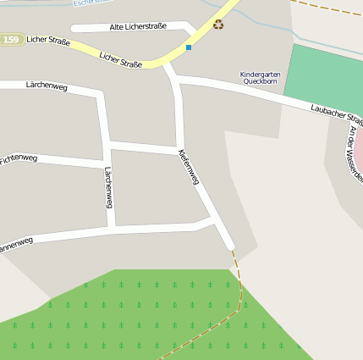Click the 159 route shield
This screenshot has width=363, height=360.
[10, 40]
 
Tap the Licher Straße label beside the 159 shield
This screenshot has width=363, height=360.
[48, 41]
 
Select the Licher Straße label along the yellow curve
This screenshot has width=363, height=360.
[120, 59]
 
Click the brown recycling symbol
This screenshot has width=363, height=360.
[218, 25]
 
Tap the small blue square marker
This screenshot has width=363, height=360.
[188, 47]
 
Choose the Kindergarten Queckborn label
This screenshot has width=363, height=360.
[260, 77]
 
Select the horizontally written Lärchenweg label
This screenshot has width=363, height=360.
[46, 85]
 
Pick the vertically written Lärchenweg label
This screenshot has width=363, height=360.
[107, 187]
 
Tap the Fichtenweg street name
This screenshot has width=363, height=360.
[19, 158]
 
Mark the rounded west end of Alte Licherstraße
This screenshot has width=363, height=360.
[75, 28]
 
